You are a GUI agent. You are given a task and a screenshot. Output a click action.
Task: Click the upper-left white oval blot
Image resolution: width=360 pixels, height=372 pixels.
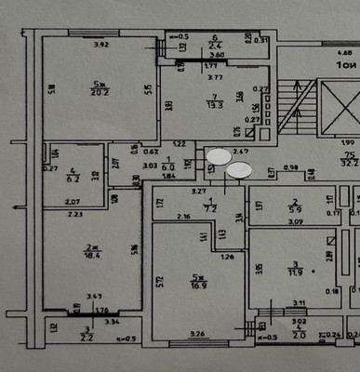tap(218, 157)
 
